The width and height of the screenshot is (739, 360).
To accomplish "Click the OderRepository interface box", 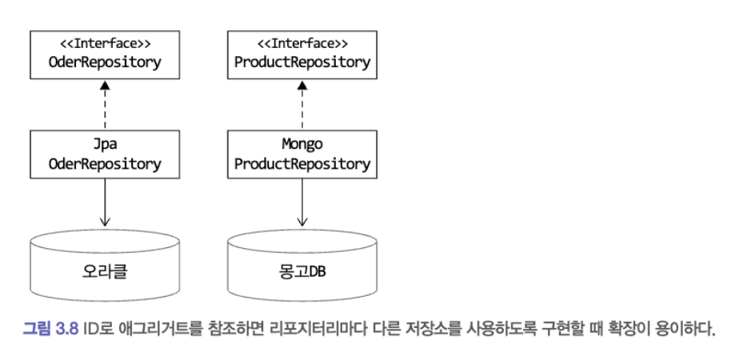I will [104, 54].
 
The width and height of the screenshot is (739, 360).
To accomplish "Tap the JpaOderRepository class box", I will [104, 155].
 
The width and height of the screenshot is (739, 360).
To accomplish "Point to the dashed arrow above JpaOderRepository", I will [104, 104].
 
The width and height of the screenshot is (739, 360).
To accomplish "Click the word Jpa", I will [104, 146].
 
